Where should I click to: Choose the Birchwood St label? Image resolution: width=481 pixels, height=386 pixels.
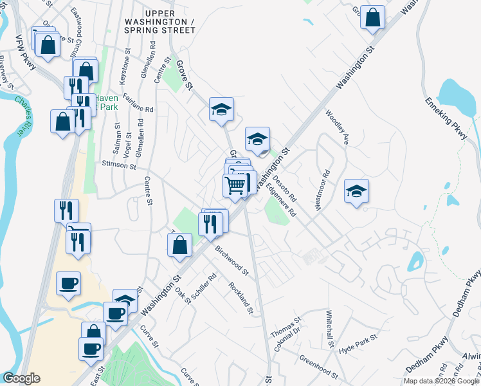232,257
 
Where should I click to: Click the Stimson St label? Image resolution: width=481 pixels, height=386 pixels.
120,166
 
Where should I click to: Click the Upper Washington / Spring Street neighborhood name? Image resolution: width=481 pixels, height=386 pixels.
169,21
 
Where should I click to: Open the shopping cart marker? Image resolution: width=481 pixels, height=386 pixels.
235,185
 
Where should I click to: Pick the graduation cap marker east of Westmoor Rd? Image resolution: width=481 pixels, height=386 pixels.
356,191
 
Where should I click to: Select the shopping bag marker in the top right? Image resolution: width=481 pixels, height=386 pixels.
372,17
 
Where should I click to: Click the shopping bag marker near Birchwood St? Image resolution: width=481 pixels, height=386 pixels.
180,244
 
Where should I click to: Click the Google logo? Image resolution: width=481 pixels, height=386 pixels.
21,378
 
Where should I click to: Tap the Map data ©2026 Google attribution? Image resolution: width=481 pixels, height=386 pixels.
442,381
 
